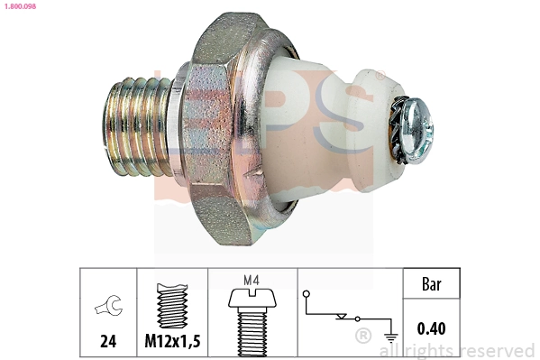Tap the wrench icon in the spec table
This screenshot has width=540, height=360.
106,309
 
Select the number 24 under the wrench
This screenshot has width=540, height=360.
107,341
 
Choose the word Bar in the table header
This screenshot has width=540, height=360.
431,284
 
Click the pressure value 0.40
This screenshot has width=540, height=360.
431,328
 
